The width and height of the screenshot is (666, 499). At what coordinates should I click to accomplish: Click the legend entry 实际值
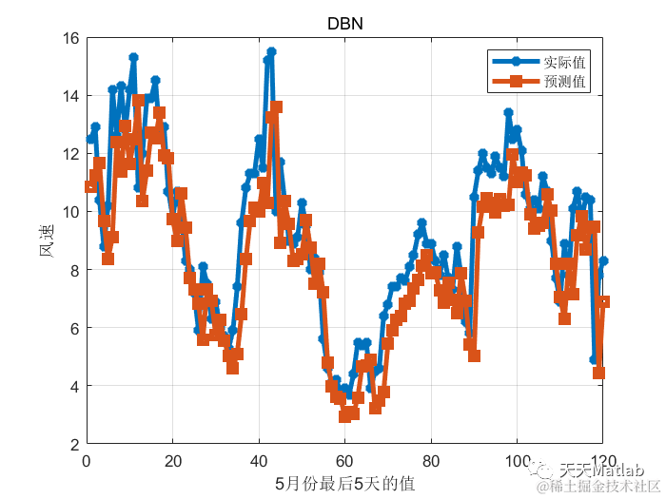563,62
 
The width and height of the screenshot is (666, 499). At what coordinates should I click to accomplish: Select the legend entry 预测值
563,82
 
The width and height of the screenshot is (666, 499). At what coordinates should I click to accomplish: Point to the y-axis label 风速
46,241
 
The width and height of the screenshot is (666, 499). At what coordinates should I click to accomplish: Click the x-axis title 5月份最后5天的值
344,484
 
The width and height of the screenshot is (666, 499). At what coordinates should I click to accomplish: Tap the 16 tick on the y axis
70,39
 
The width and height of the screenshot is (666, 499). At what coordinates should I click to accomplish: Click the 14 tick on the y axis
70,96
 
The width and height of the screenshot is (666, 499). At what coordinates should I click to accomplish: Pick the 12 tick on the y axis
70,154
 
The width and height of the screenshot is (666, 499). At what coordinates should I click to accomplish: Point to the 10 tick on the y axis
70,212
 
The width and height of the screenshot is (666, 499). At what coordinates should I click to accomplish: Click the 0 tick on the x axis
87,459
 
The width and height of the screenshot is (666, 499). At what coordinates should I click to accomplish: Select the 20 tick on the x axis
172,459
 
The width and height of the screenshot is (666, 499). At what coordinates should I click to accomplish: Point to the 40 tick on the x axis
259,459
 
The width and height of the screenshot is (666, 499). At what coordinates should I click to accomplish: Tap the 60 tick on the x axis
344,459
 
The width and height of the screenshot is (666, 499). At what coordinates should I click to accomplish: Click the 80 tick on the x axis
431,459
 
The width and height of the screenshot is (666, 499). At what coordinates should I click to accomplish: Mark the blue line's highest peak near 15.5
271,52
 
